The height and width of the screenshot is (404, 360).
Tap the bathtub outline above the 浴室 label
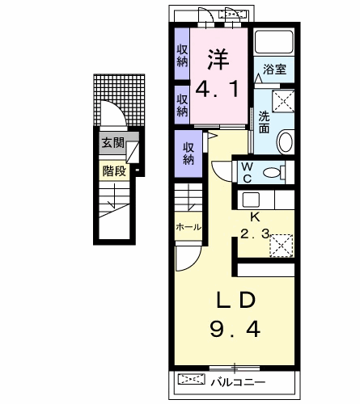tap(273, 42)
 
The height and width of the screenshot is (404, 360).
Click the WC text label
tap(248, 172)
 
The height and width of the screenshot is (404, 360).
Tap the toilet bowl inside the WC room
tap(273, 171)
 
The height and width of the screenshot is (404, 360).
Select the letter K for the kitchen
tap(253, 217)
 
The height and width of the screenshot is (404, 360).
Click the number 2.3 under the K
tap(253, 235)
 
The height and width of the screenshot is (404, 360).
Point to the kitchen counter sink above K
tap(251, 199)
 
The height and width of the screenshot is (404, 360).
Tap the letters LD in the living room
tap(235, 300)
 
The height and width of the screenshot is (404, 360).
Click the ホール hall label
tap(188, 227)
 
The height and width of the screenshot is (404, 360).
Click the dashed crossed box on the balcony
tap(192, 378)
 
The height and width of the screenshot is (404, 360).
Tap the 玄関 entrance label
tap(112, 145)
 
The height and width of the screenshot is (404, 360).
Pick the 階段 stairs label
tap(112, 170)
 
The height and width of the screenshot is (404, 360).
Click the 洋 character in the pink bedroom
tap(216, 58)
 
